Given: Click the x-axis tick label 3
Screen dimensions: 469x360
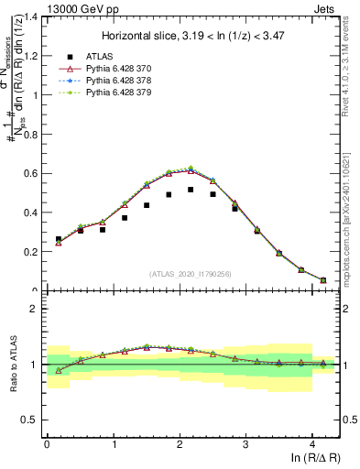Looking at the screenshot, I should pyautogui.click(x=245, y=444).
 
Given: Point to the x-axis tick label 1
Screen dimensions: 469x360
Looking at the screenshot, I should pyautogui.click(x=113, y=444).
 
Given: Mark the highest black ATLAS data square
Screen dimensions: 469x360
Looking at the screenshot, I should pyautogui.click(x=191, y=190).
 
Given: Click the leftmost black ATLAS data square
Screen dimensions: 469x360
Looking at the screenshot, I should pyautogui.click(x=59, y=239).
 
